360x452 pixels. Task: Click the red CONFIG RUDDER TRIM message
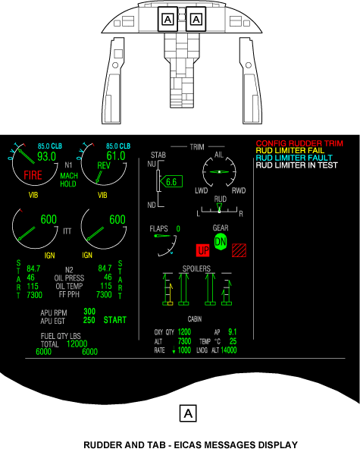click(299, 143)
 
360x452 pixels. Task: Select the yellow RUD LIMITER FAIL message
click(290, 150)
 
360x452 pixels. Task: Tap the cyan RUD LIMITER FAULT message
click(294, 158)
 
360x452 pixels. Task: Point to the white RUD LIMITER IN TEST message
click(296, 165)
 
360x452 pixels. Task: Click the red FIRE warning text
click(33, 175)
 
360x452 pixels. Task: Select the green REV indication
click(104, 165)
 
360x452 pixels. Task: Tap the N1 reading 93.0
click(46, 156)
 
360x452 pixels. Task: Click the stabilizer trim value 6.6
click(171, 182)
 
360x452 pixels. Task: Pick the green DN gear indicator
click(221, 242)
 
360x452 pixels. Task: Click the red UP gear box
click(203, 250)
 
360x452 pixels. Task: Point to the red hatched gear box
click(239, 250)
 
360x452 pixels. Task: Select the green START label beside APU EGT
click(115, 320)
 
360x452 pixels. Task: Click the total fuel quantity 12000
click(77, 344)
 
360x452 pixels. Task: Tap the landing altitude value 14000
click(228, 350)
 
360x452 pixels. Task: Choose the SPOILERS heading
click(196, 268)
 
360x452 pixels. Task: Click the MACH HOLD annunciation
click(69, 180)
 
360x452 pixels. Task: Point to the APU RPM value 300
click(89, 312)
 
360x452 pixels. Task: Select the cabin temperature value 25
click(233, 341)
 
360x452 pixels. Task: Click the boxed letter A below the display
click(188, 413)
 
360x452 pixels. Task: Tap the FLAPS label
click(158, 229)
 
